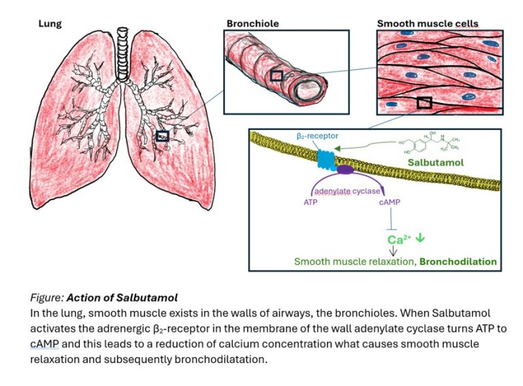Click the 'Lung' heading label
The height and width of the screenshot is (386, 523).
point(49,24)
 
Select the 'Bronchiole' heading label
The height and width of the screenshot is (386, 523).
point(252,24)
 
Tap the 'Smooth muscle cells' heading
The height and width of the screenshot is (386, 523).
point(427,24)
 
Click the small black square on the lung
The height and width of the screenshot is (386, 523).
point(162,136)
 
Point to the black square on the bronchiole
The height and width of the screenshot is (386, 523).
point(276,76)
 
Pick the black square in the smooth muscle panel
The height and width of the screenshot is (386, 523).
point(424,103)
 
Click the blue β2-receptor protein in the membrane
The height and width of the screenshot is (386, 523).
point(325,159)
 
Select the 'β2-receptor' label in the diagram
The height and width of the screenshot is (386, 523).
point(317,136)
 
